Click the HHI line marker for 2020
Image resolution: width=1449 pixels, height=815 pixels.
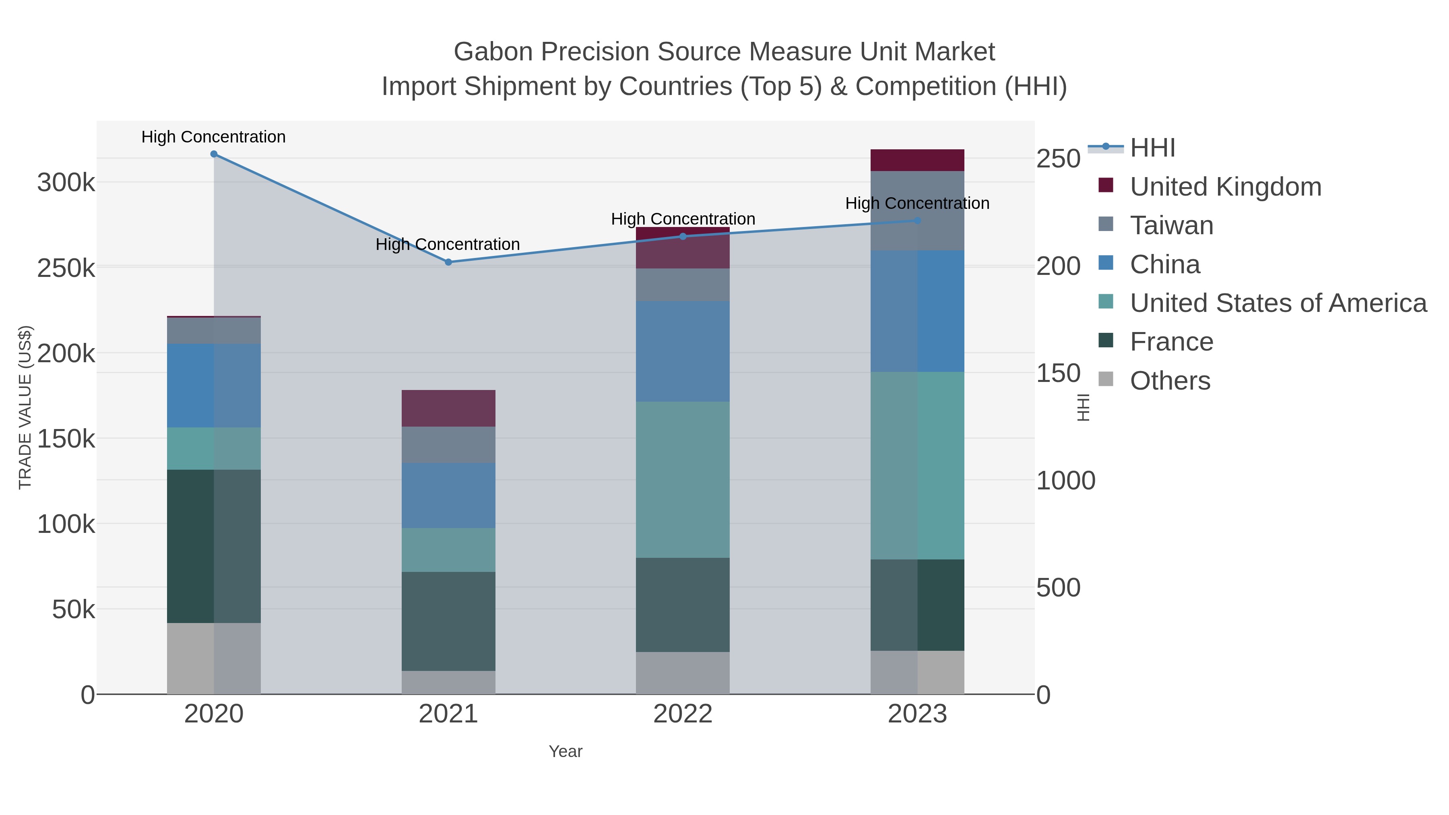(x=214, y=154)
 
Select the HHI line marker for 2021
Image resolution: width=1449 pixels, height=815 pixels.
(x=448, y=262)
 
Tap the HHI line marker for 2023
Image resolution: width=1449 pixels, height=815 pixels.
(x=917, y=221)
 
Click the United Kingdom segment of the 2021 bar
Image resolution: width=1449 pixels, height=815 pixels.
(x=448, y=409)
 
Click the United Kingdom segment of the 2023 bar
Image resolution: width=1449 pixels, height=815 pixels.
(x=917, y=160)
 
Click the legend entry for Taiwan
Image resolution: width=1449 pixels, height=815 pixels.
(x=1171, y=225)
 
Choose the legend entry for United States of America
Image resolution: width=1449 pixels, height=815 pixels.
(x=1278, y=303)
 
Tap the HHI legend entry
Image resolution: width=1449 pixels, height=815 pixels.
(x=1152, y=148)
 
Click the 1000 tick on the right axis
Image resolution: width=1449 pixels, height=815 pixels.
(x=1065, y=481)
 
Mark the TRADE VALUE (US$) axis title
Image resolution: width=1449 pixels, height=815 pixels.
(x=25, y=407)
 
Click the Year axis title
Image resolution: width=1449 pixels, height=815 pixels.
(x=566, y=751)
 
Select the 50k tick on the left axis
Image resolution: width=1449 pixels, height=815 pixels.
(x=73, y=610)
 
